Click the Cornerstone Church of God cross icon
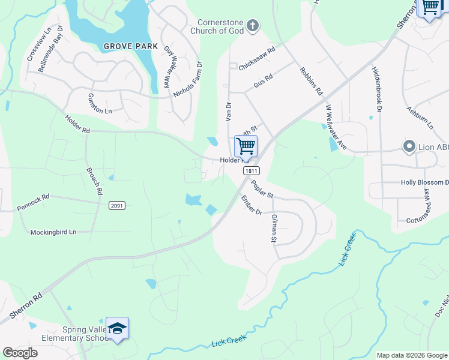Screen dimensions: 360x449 (253, 25)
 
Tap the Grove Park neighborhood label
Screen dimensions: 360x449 (130, 46)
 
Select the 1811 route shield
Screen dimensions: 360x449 (251, 171)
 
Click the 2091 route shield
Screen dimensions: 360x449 (117, 206)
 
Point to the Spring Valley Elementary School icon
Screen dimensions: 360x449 (117, 328)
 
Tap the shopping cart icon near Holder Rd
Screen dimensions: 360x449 (246, 146)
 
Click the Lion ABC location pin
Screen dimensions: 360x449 (409, 146)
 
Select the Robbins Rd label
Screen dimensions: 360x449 (312, 81)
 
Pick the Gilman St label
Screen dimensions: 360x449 (274, 229)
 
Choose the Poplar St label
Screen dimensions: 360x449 (262, 190)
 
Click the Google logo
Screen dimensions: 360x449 (20, 352)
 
